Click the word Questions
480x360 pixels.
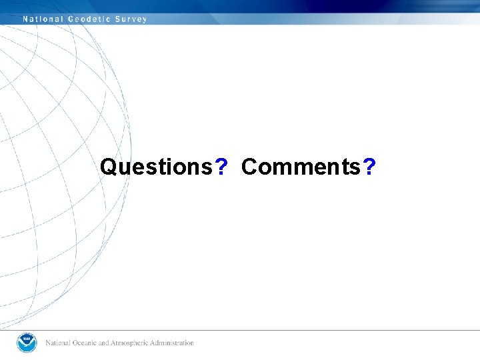click(155, 167)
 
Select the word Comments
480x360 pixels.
click(301, 167)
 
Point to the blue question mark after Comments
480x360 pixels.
click(370, 167)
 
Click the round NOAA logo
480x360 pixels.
click(27, 343)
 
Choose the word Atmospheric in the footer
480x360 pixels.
click(132, 343)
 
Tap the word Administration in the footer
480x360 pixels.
click(173, 343)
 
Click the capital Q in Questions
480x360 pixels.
click(108, 167)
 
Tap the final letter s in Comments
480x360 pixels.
click(356, 168)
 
